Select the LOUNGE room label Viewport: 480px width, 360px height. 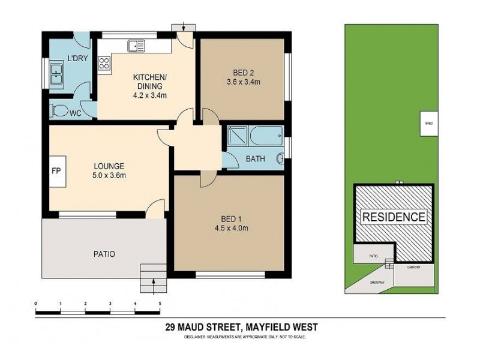[109, 166]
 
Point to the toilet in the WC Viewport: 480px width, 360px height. [60, 110]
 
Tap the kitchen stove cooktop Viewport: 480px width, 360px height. [104, 64]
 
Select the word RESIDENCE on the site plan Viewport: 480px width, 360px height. [393, 217]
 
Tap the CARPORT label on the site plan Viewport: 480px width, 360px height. [413, 267]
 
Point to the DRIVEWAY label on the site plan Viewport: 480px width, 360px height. [376, 281]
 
